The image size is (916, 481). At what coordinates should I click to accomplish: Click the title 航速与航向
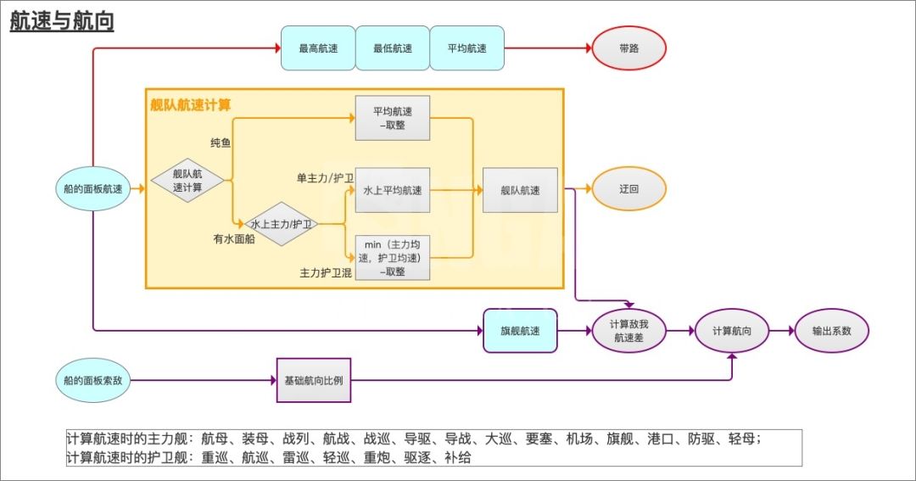click(x=62, y=21)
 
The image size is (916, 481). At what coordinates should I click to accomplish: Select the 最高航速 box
click(x=318, y=48)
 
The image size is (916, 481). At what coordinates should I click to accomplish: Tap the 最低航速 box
click(x=393, y=48)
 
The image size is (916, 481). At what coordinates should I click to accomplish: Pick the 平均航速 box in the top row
click(x=467, y=48)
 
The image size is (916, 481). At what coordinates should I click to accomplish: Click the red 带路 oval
click(x=629, y=48)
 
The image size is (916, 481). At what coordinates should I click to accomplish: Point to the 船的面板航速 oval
click(x=93, y=189)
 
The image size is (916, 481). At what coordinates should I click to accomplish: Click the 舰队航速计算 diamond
click(x=187, y=180)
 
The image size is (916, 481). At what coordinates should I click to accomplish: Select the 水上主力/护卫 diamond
click(x=281, y=224)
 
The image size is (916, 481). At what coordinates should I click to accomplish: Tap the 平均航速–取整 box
click(x=393, y=118)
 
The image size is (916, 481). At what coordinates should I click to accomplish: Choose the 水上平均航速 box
click(x=393, y=190)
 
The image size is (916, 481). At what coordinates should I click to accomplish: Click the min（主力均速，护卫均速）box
click(x=393, y=257)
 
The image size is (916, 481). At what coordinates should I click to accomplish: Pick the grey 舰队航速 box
click(x=520, y=190)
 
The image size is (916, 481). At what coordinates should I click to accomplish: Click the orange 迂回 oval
click(x=628, y=189)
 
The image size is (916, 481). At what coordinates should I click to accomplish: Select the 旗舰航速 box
click(x=520, y=331)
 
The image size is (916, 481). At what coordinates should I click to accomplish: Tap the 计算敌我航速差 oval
click(x=629, y=331)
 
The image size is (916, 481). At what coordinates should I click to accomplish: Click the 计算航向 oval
click(x=732, y=331)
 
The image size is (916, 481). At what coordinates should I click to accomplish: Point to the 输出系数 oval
click(x=831, y=331)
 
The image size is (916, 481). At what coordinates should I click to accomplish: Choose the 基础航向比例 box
click(x=314, y=380)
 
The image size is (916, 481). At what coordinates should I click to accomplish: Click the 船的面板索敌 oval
click(x=93, y=380)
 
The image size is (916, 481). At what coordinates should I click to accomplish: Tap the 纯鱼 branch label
click(x=221, y=143)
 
